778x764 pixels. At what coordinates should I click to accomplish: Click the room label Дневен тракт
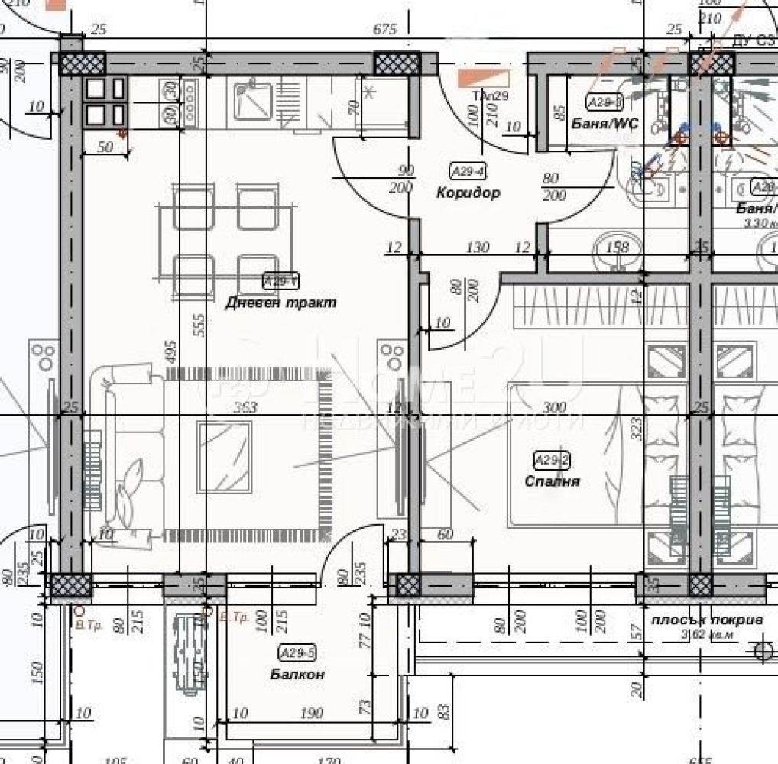280,303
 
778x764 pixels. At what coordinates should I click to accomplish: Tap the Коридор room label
468,193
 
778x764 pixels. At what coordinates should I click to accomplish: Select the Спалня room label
552,481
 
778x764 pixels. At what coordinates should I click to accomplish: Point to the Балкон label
297,675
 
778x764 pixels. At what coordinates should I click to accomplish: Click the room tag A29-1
280,282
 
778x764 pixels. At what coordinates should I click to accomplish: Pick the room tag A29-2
552,460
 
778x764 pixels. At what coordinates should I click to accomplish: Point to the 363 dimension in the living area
245,407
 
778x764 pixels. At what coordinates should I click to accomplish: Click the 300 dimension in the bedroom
554,407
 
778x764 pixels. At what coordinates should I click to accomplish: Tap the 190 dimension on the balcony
311,714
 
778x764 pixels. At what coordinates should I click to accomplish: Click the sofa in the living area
126,455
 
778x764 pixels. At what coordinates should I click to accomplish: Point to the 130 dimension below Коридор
477,247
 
